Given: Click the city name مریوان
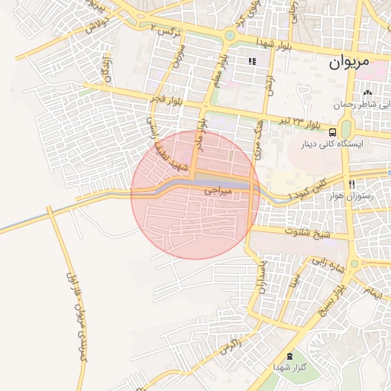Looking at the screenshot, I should tap(348, 63).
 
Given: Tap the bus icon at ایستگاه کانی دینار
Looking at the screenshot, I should tap(341, 131).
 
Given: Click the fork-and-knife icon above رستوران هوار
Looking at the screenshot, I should tap(351, 184).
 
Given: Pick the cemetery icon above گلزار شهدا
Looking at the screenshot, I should tap(289, 356).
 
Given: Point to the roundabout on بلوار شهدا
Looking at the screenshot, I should tap(230, 35).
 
